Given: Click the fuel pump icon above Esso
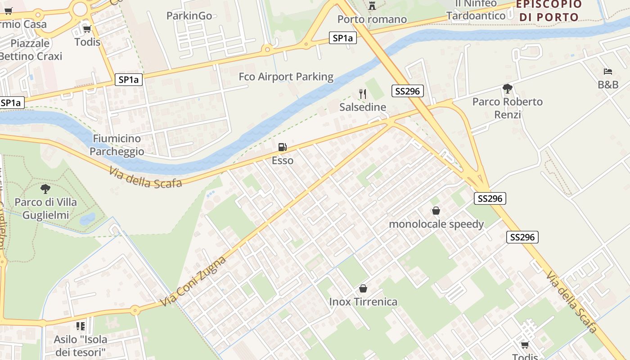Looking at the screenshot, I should click(282, 147).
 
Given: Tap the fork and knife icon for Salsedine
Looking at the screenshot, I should click(363, 94).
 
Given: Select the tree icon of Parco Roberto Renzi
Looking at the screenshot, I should click(507, 88).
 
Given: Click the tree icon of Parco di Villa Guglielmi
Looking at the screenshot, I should click(45, 189).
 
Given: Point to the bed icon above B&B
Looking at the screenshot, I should click(608, 71).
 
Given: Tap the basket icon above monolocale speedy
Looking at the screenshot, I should click(436, 211).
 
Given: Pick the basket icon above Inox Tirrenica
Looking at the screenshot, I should click(363, 288).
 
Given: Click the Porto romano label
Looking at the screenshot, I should click(372, 19).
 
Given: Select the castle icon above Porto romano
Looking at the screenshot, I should click(372, 6).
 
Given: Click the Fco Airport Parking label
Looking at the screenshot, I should click(286, 76).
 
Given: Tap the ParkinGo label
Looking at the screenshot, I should click(189, 16).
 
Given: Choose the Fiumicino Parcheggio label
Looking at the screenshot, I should click(117, 145).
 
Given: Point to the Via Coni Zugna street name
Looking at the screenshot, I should click(193, 281).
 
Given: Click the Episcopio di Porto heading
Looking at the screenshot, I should click(549, 11).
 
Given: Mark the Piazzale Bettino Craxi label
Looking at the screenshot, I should click(30, 50).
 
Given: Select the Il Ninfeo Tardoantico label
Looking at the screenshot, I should click(476, 10).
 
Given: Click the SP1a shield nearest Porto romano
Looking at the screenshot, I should click(342, 38).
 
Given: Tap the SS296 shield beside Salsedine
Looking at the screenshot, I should click(407, 91).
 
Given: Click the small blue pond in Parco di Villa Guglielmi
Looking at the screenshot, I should click(87, 219).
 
